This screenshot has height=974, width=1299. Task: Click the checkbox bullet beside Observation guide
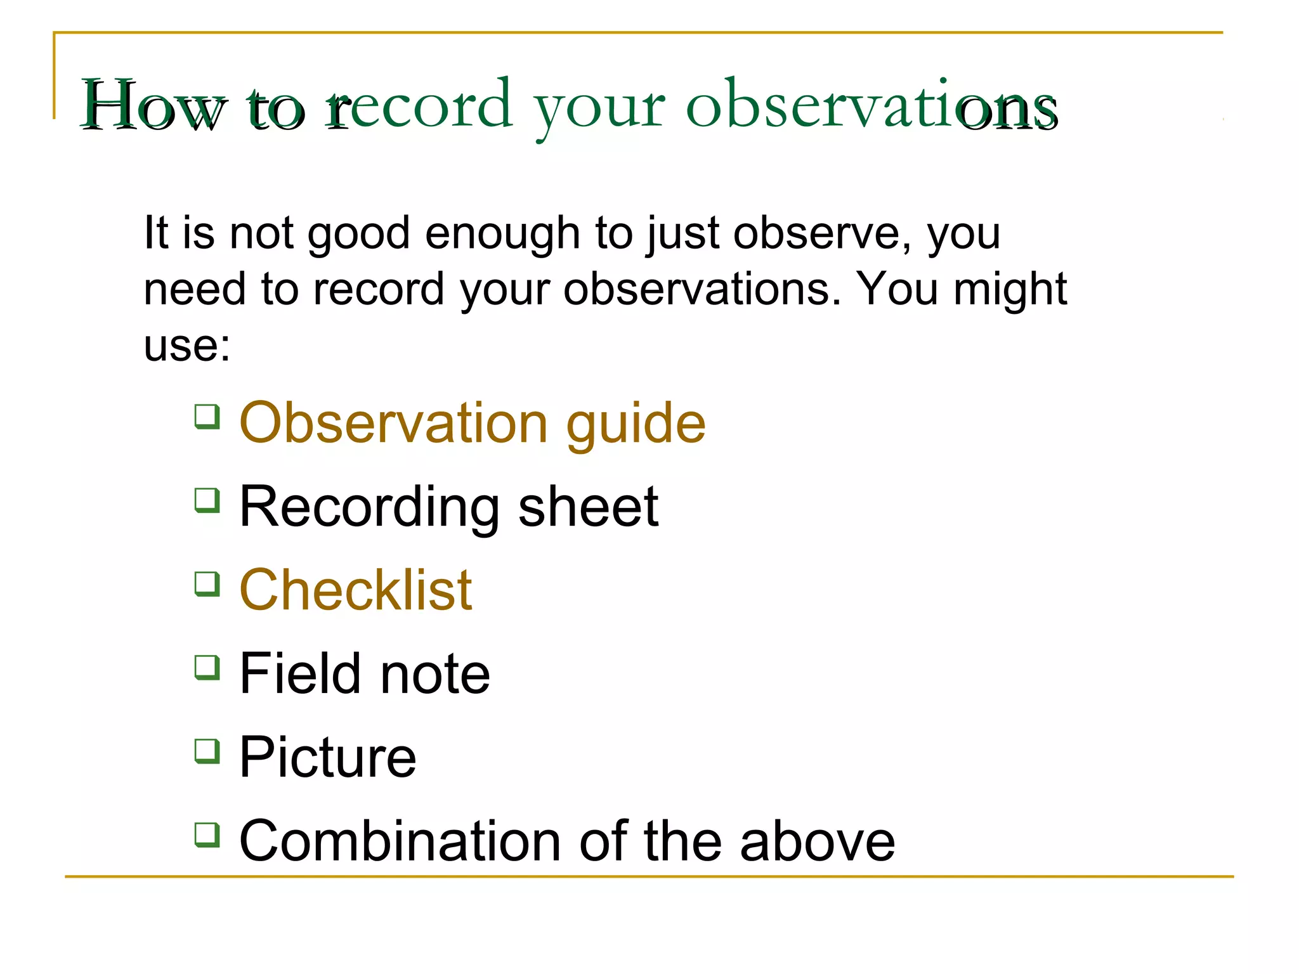207,417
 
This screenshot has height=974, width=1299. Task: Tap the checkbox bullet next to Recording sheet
207,500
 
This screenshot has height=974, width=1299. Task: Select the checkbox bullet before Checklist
207,584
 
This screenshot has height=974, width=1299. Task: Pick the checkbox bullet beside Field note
207,668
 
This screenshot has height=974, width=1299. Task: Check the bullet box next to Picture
207,751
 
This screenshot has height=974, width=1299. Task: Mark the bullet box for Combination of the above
207,835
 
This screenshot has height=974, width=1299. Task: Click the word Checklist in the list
356,590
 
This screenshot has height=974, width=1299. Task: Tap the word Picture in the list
328,757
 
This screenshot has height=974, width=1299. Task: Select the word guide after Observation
636,424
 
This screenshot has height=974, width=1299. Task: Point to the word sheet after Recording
588,507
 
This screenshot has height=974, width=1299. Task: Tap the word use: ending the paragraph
187,346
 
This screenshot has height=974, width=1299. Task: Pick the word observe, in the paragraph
822,234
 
